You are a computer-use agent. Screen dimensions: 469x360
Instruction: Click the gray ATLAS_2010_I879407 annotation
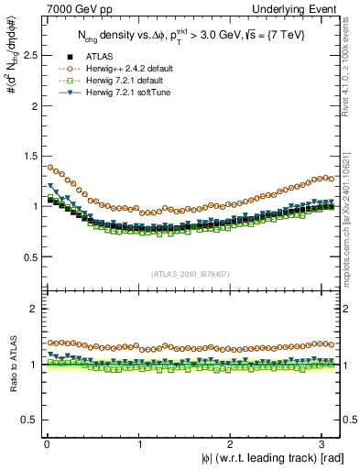190,272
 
